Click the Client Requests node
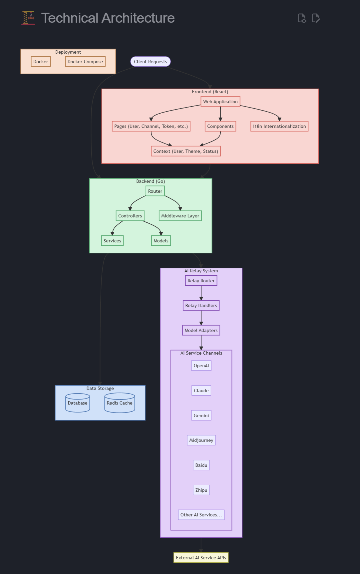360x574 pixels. tap(151, 62)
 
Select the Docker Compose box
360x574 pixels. tap(85, 62)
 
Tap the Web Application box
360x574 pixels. tap(220, 102)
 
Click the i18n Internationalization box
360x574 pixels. tap(279, 126)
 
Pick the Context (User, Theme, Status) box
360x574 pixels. tap(186, 151)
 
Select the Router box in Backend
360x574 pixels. tap(155, 191)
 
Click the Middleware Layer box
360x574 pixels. tap(180, 216)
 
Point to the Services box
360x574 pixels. tap(112, 241)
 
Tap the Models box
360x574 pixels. tap(161, 241)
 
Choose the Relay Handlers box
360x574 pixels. tap(201, 305)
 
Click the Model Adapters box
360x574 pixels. tap(201, 330)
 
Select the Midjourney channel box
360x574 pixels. tap(201, 440)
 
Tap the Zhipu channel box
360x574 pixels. tap(201, 490)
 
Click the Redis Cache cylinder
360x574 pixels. tap(120, 403)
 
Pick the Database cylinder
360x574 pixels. tap(78, 403)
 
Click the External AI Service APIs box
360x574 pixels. tap(201, 558)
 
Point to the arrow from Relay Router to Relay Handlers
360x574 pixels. tap(201, 293)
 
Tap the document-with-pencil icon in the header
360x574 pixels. tap(316, 18)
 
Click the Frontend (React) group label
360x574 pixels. tap(210, 92)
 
